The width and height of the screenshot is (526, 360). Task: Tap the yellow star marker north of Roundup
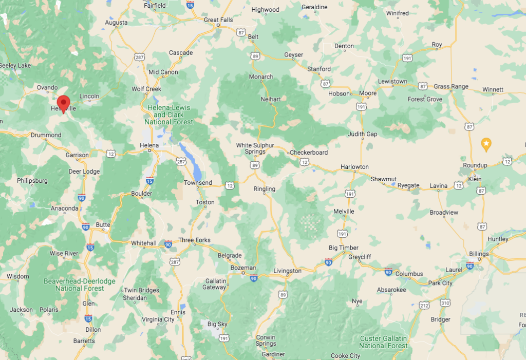point(485,144)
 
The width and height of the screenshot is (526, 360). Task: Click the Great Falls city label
point(218,20)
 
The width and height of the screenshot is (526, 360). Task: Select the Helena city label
point(149,146)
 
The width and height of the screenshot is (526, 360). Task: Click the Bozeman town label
point(243,268)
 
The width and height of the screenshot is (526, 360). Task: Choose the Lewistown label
point(392,81)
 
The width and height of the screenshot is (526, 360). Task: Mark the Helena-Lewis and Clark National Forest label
point(169,115)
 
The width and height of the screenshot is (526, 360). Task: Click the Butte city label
point(103,225)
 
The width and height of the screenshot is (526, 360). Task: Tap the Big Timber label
point(344,248)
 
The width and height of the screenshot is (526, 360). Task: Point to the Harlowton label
point(354,167)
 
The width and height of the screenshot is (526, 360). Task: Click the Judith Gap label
point(362,134)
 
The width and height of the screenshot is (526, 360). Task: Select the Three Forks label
point(194,240)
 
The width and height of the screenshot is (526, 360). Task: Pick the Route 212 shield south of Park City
point(424,306)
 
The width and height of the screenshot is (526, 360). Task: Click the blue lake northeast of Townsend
point(186,155)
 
